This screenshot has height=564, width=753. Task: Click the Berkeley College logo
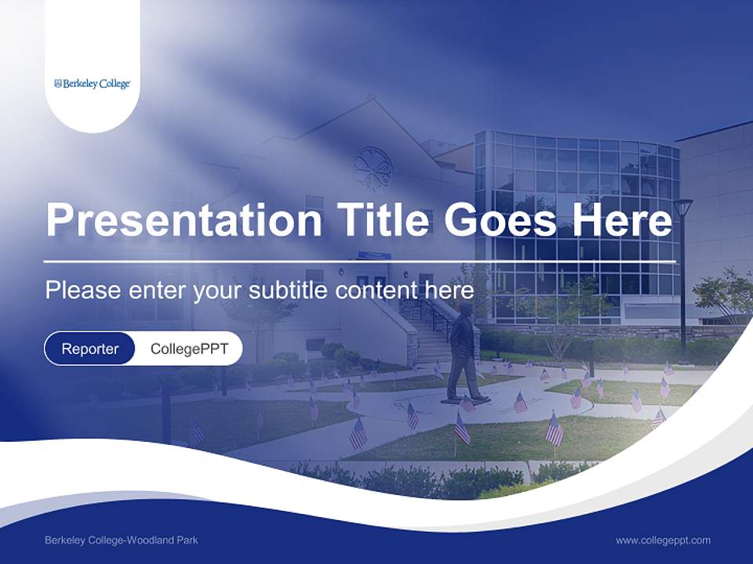[x=92, y=84]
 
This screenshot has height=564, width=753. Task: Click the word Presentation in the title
[x=184, y=220]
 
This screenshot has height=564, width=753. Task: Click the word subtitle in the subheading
[x=289, y=291]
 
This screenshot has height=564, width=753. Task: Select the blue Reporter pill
[x=90, y=349]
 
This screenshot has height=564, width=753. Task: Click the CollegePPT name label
[x=189, y=349]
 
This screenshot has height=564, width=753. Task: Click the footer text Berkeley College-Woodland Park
[x=122, y=540]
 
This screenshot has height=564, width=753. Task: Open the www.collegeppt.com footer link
[x=663, y=540]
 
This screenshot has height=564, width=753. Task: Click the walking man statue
[x=463, y=352]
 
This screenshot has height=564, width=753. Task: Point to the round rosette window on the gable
[x=373, y=168]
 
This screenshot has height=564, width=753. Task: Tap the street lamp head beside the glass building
[x=682, y=208]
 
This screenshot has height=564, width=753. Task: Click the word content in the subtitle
[x=379, y=291]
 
